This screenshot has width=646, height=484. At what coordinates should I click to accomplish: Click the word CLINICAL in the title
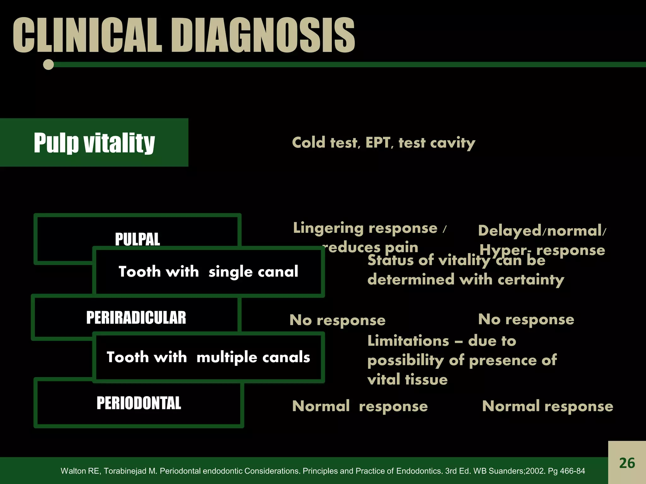click(x=87, y=35)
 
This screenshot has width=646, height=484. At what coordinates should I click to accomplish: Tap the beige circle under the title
click(x=48, y=65)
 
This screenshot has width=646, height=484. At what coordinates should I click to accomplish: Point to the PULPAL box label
click(x=137, y=239)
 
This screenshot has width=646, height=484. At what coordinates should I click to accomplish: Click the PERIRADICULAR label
click(x=136, y=318)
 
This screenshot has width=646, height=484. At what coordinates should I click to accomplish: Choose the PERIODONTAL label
click(x=139, y=403)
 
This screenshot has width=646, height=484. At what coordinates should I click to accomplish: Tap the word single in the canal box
click(x=230, y=272)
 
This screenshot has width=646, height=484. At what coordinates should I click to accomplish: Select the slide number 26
click(x=627, y=463)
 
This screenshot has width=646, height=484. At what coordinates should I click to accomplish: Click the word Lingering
click(x=328, y=228)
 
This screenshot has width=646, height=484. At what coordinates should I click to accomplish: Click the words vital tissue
click(x=407, y=380)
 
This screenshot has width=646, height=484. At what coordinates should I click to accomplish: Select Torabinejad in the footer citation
click(x=130, y=471)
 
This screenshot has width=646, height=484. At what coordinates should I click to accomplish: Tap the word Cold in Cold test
click(x=308, y=143)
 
